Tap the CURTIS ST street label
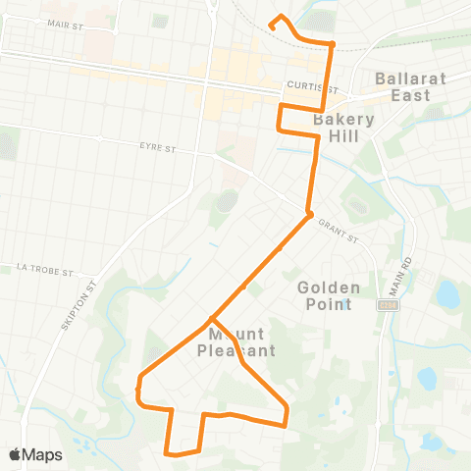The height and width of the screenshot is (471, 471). (304, 85)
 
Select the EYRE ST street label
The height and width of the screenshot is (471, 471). (157, 148)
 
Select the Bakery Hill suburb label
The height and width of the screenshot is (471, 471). (344, 129)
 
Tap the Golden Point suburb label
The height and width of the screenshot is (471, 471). (329, 295)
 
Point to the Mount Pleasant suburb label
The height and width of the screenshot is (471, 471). (235, 341)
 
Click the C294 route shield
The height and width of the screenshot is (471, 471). (389, 305)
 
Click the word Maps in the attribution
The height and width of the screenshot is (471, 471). (42, 454)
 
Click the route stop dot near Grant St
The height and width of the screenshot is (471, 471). (308, 214)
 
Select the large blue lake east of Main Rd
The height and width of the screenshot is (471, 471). (447, 292)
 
